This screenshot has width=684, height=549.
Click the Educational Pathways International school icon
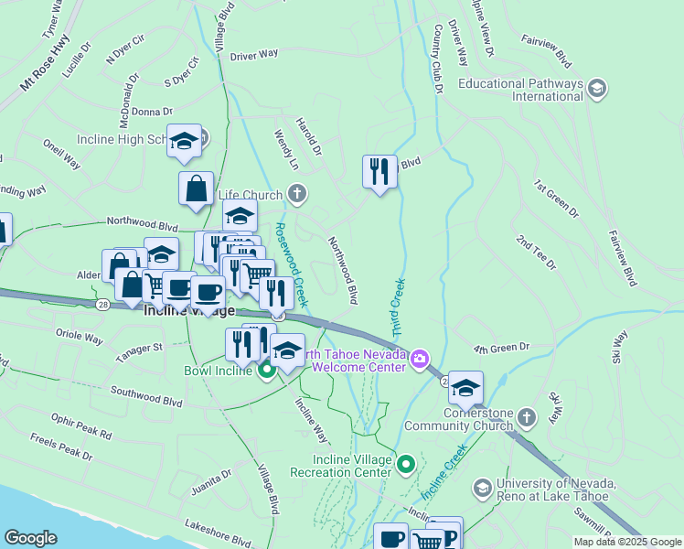(x=597, y=89)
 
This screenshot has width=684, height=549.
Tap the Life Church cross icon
(x=295, y=194)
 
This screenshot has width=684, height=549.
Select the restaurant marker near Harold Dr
(x=379, y=171)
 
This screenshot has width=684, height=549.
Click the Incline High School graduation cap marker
(x=185, y=142)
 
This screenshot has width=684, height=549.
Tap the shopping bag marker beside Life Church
(x=196, y=189)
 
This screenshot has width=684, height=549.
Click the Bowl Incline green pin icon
(x=266, y=371)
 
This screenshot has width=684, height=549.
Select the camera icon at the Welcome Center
(x=420, y=358)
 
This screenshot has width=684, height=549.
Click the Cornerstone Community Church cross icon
(x=526, y=418)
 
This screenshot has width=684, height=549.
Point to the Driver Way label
(x=254, y=55)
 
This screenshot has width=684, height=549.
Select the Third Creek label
(x=397, y=307)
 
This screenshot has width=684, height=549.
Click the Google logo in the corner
(x=31, y=538)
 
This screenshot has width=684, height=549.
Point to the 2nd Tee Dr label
(x=536, y=253)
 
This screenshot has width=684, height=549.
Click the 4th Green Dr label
(x=501, y=348)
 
